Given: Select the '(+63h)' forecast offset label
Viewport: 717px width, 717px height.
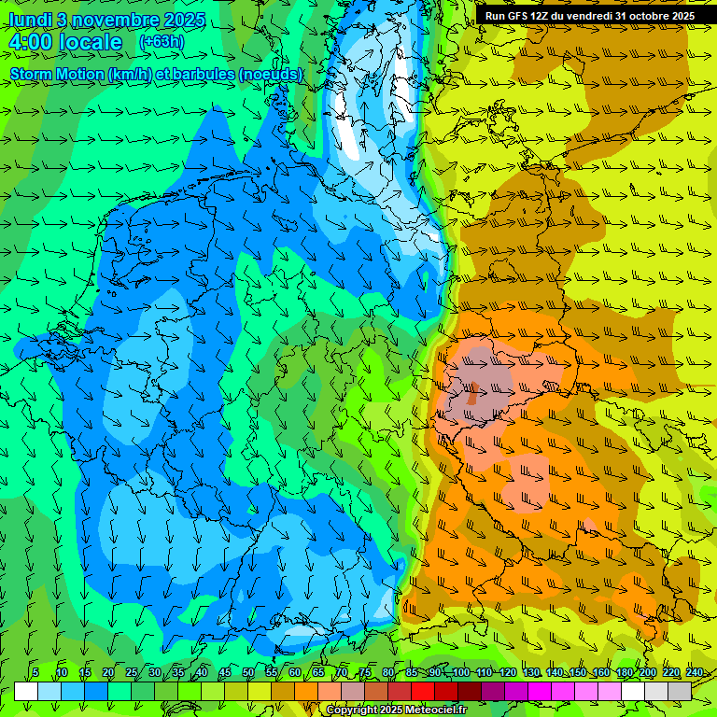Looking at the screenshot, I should click(162, 42).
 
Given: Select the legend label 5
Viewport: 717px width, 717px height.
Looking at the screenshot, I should click(35, 672).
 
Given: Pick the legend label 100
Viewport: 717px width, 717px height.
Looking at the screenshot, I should click(460, 672).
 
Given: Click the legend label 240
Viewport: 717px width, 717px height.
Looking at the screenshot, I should click(694, 672).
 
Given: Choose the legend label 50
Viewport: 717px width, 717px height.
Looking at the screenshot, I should click(248, 672).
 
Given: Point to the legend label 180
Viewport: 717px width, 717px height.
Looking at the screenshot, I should click(624, 672).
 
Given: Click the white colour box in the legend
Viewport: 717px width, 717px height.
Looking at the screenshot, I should click(26, 691).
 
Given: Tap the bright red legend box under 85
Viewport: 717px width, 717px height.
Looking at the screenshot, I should click(423, 691).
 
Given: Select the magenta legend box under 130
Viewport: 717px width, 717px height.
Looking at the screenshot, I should click(540, 691).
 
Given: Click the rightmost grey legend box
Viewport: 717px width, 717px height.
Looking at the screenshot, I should click(680, 691).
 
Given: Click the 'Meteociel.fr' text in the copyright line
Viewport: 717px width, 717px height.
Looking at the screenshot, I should click(436, 710).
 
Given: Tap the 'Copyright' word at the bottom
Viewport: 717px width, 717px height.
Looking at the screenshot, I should click(350, 710).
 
